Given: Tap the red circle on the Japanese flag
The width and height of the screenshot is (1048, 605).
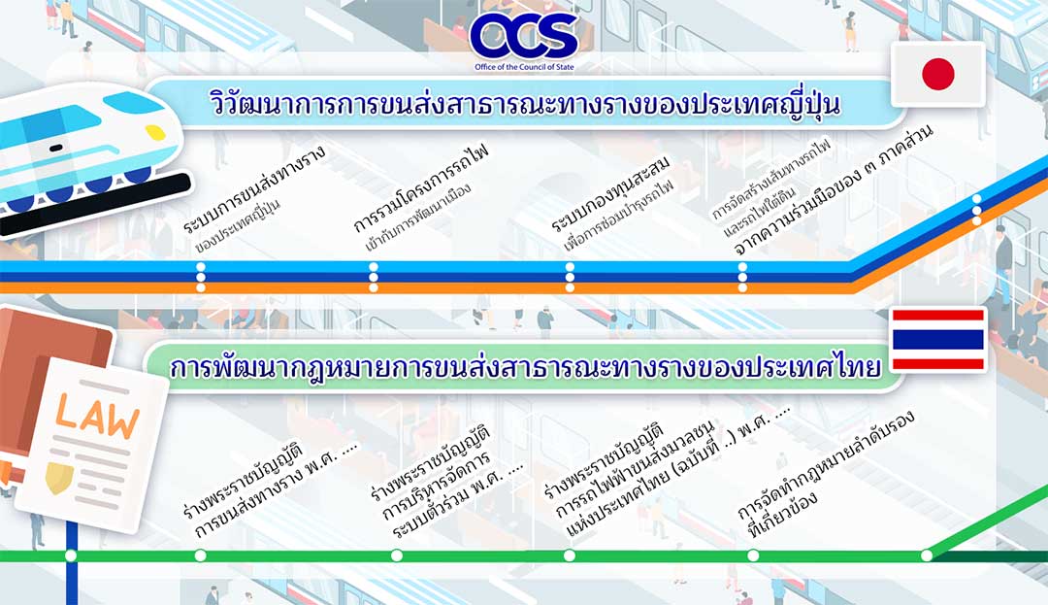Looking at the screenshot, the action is point(937,74).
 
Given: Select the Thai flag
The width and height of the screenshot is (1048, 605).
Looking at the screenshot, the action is point(938,340).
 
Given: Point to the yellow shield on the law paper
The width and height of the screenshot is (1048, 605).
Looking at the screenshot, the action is point(59,478).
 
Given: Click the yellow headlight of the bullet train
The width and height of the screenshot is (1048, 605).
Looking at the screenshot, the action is point(155,132).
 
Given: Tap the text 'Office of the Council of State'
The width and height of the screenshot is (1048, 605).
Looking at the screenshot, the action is point(524,67).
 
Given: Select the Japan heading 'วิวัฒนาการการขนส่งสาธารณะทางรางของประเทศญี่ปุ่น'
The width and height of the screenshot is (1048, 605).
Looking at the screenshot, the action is point(525,104).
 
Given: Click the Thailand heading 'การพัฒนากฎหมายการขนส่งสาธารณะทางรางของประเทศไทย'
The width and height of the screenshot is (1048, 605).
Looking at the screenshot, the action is point(525,367).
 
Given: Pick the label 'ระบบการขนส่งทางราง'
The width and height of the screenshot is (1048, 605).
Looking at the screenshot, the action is point(254,189).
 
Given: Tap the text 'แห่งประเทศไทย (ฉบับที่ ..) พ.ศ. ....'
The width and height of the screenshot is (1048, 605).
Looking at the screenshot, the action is point(679,471).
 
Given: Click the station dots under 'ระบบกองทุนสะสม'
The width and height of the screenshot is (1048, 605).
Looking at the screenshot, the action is point(570,278).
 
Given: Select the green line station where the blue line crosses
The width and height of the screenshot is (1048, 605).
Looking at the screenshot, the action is point(71,555).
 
